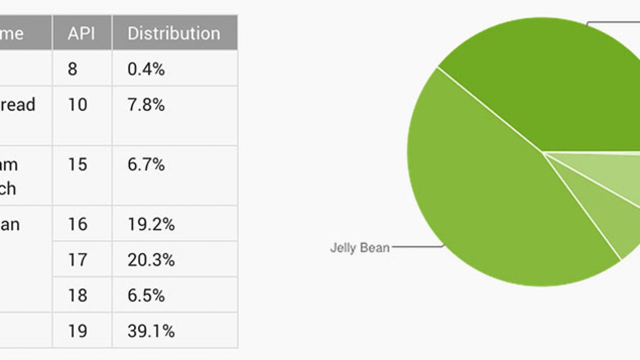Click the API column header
tap(82, 33)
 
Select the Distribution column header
tap(173, 33)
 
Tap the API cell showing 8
tap(72, 68)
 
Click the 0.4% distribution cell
tap(146, 68)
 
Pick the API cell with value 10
tap(77, 104)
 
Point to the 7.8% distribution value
tap(146, 104)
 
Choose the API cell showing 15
tap(77, 164)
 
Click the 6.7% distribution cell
tap(146, 164)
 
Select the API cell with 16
tap(77, 224)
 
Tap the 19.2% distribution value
tap(151, 224)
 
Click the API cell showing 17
tap(77, 260)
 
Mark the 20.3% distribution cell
tap(151, 260)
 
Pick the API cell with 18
tap(77, 295)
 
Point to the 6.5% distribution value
tap(146, 295)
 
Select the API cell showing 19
tap(77, 331)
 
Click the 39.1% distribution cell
tap(151, 331)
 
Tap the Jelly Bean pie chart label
tap(359, 247)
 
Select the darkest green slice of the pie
tap(550, 90)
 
